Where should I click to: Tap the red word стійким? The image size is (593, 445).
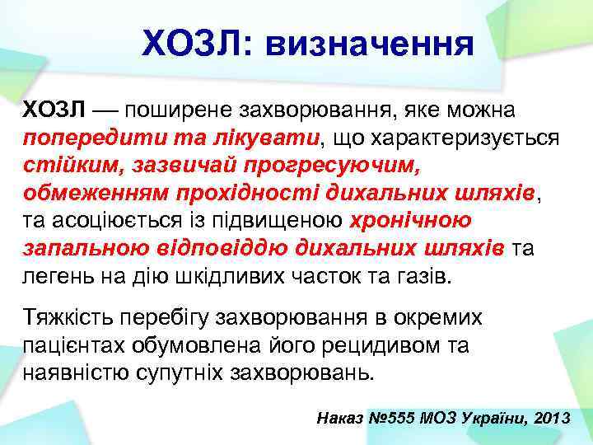pos(67,165)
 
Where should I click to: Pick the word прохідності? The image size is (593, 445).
pos(247,193)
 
